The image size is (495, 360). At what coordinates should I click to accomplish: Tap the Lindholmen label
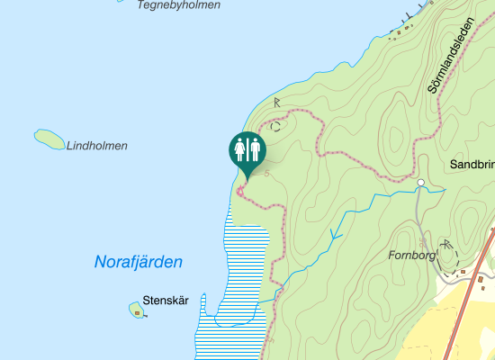coord(96,146)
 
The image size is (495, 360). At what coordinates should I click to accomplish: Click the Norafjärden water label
coord(139,263)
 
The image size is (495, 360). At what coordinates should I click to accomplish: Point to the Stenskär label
coord(165,301)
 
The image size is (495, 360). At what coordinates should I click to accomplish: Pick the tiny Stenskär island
coord(137,310)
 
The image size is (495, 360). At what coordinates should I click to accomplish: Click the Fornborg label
coord(411,255)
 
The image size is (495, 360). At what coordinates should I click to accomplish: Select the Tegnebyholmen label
coord(178,5)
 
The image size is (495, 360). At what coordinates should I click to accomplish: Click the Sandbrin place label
coord(472,166)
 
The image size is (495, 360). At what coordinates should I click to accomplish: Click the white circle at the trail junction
coord(419,183)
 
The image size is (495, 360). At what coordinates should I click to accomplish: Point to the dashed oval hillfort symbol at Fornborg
coord(447,255)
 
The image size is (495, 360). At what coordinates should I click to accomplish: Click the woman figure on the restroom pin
coord(241,149)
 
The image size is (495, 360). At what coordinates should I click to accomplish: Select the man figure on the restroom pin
coord(255,149)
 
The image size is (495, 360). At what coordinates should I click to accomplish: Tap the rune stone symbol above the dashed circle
coord(278,103)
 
